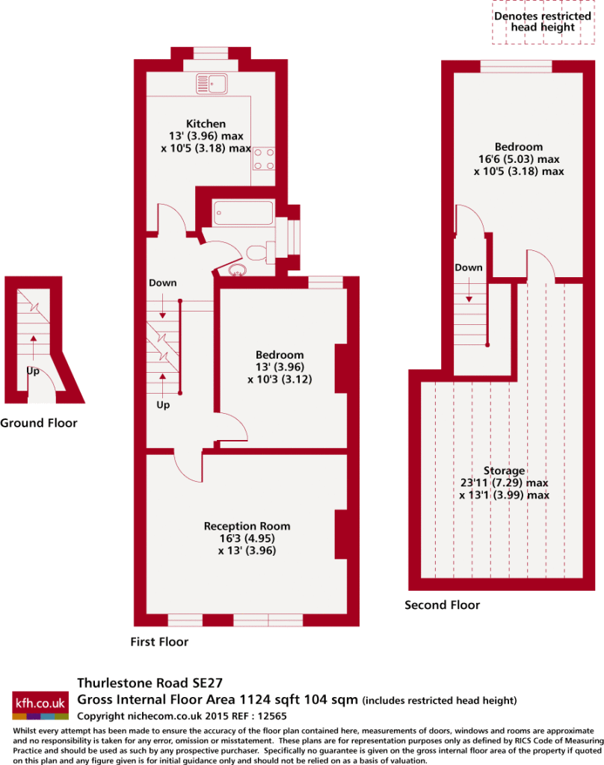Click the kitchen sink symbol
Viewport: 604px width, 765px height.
click(212, 84)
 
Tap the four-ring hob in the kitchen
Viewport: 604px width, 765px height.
click(264, 158)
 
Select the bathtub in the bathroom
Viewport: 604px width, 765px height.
click(243, 213)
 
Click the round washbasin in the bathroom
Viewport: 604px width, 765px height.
click(237, 270)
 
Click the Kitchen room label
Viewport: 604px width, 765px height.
click(206, 124)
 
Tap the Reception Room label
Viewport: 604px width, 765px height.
click(247, 526)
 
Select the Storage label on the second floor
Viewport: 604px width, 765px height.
click(505, 471)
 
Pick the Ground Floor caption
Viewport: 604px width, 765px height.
click(39, 423)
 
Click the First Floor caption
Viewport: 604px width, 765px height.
click(159, 642)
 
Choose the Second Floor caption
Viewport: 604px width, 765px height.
click(443, 605)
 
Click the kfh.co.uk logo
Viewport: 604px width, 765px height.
click(40, 705)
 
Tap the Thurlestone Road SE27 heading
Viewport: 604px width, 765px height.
click(150, 683)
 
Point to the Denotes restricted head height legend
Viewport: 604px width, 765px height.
click(543, 22)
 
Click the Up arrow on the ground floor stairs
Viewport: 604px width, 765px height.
click(33, 349)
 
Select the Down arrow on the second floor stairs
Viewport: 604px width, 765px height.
click(469, 290)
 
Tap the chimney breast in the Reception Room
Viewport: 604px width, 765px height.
click(341, 535)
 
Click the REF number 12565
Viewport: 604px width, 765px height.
click(271, 716)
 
